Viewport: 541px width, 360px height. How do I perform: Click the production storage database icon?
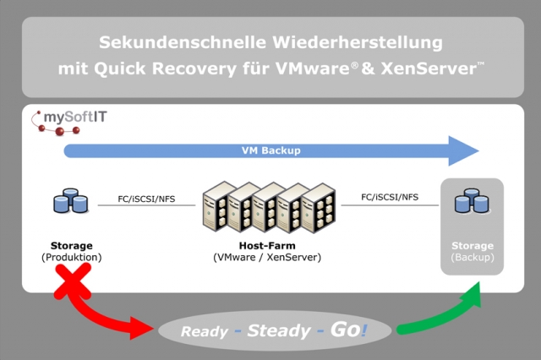(x=70, y=202)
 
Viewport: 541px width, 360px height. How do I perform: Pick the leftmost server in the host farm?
(x=216, y=210)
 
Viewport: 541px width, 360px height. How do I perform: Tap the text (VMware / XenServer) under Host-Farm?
(x=267, y=256)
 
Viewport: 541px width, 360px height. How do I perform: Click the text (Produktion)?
(x=71, y=256)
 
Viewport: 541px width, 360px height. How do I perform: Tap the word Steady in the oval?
(x=279, y=330)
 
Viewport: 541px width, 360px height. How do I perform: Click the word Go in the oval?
(x=345, y=329)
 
